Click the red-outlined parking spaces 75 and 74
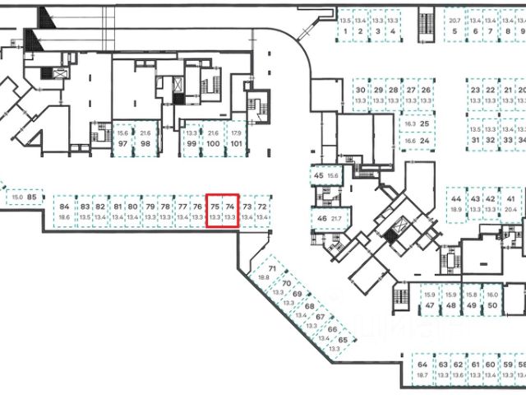[x=222, y=210]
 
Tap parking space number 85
[x=32, y=197]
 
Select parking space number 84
[x=65, y=211]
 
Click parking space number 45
[x=320, y=175]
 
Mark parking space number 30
[x=360, y=91]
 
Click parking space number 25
[x=425, y=123]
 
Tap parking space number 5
[x=454, y=32]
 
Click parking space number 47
[x=429, y=305]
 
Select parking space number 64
[x=422, y=364]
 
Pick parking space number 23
[x=475, y=91]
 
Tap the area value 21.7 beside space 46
[x=335, y=218]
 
